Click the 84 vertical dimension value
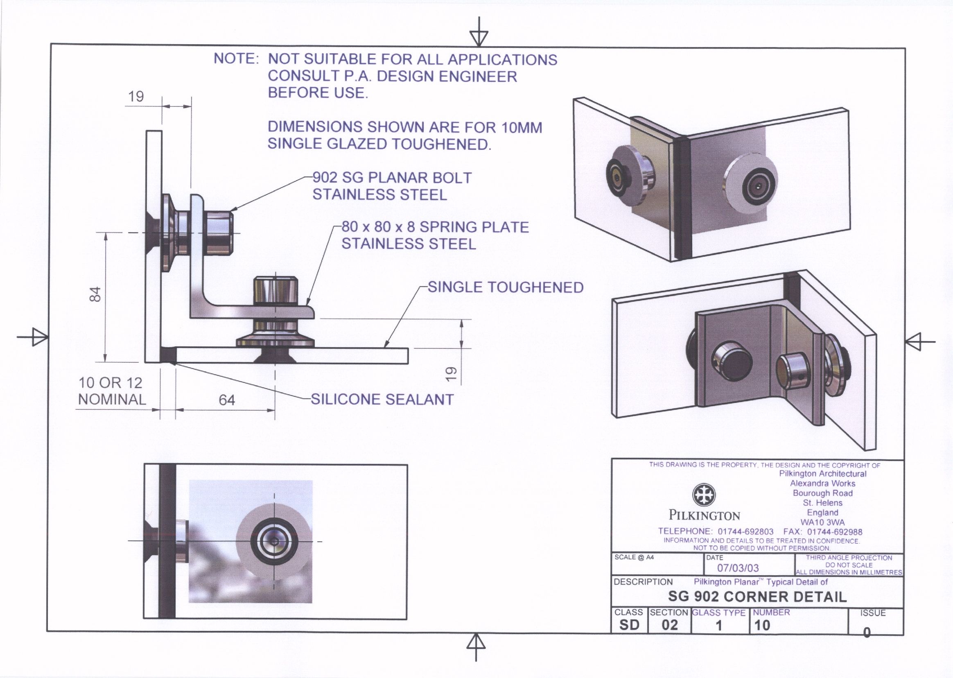[96, 294]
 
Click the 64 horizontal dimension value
[227, 400]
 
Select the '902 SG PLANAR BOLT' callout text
[391, 178]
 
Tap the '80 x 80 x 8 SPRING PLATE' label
[435, 227]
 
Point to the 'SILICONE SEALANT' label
[382, 400]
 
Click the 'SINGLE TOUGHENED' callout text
[506, 287]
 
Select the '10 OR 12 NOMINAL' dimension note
[111, 391]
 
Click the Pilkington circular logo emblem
[704, 495]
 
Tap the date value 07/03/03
[738, 568]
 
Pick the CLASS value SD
[629, 625]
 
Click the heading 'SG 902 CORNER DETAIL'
[757, 597]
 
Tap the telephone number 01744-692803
[745, 531]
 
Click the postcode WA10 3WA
[822, 522]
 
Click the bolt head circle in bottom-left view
[274, 541]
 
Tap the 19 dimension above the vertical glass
[136, 97]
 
